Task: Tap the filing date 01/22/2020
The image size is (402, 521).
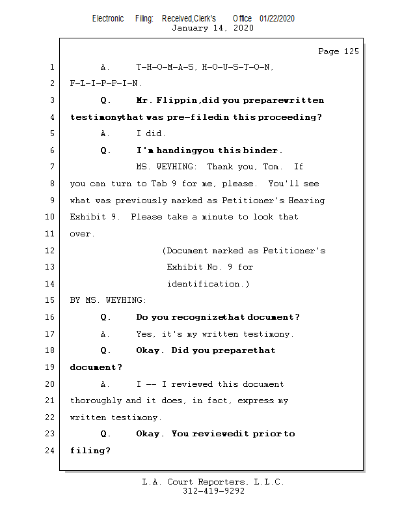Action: tap(276, 19)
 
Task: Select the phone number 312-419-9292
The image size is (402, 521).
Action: tap(213, 492)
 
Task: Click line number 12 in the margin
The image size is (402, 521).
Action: tap(51, 251)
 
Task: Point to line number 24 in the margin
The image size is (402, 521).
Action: tap(51, 451)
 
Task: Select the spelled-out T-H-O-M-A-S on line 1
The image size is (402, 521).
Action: tap(166, 67)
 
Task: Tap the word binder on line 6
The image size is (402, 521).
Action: tap(261, 150)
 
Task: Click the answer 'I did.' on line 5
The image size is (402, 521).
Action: tap(151, 134)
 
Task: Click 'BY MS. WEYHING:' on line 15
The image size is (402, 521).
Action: tap(108, 301)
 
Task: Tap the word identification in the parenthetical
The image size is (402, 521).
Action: tap(206, 284)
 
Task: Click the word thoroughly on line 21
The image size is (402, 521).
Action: tap(96, 401)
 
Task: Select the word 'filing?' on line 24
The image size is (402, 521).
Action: tap(90, 451)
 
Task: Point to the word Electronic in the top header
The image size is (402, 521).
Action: tap(108, 19)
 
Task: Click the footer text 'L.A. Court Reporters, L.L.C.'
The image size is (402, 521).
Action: tap(213, 483)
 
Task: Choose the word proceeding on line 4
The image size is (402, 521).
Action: tap(290, 117)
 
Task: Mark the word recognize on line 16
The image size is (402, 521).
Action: tap(195, 317)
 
